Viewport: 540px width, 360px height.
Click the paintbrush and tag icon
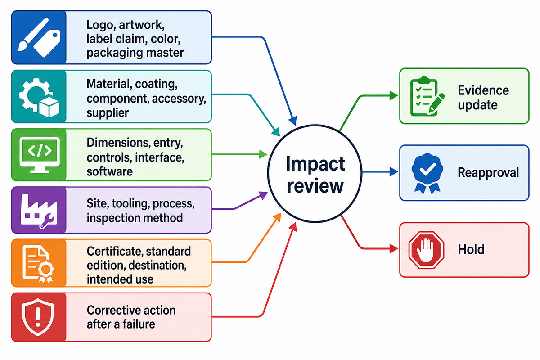[39, 37]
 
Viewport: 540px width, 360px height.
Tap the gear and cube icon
[39, 97]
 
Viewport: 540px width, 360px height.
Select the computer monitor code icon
[40, 155]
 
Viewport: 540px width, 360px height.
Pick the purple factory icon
[39, 211]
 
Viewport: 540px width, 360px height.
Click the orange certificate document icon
[38, 264]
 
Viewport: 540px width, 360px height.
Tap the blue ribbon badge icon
[427, 173]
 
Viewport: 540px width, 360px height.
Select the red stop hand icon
[426, 250]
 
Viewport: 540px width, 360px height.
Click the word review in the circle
[315, 186]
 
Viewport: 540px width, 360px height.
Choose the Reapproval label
[488, 173]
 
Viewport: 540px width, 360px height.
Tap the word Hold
[471, 249]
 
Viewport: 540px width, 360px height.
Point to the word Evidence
[483, 90]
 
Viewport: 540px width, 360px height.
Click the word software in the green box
[110, 172]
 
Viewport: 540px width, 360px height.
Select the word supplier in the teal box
[108, 113]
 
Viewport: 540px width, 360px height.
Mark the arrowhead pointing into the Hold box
[394, 248]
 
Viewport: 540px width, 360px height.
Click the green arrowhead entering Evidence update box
[394, 95]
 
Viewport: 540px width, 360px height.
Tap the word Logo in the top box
[100, 25]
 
